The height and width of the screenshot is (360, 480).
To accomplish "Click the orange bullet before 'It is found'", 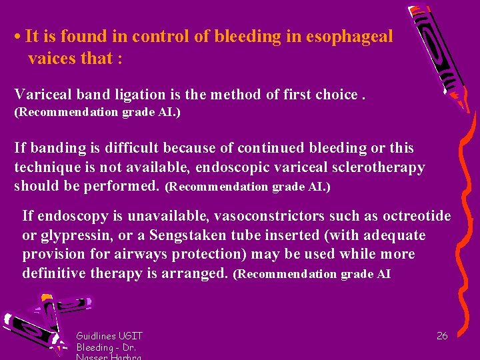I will (x=17, y=37).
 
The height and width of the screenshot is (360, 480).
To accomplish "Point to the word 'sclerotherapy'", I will (x=379, y=167).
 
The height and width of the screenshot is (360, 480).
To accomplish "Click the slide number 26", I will (x=442, y=336).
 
